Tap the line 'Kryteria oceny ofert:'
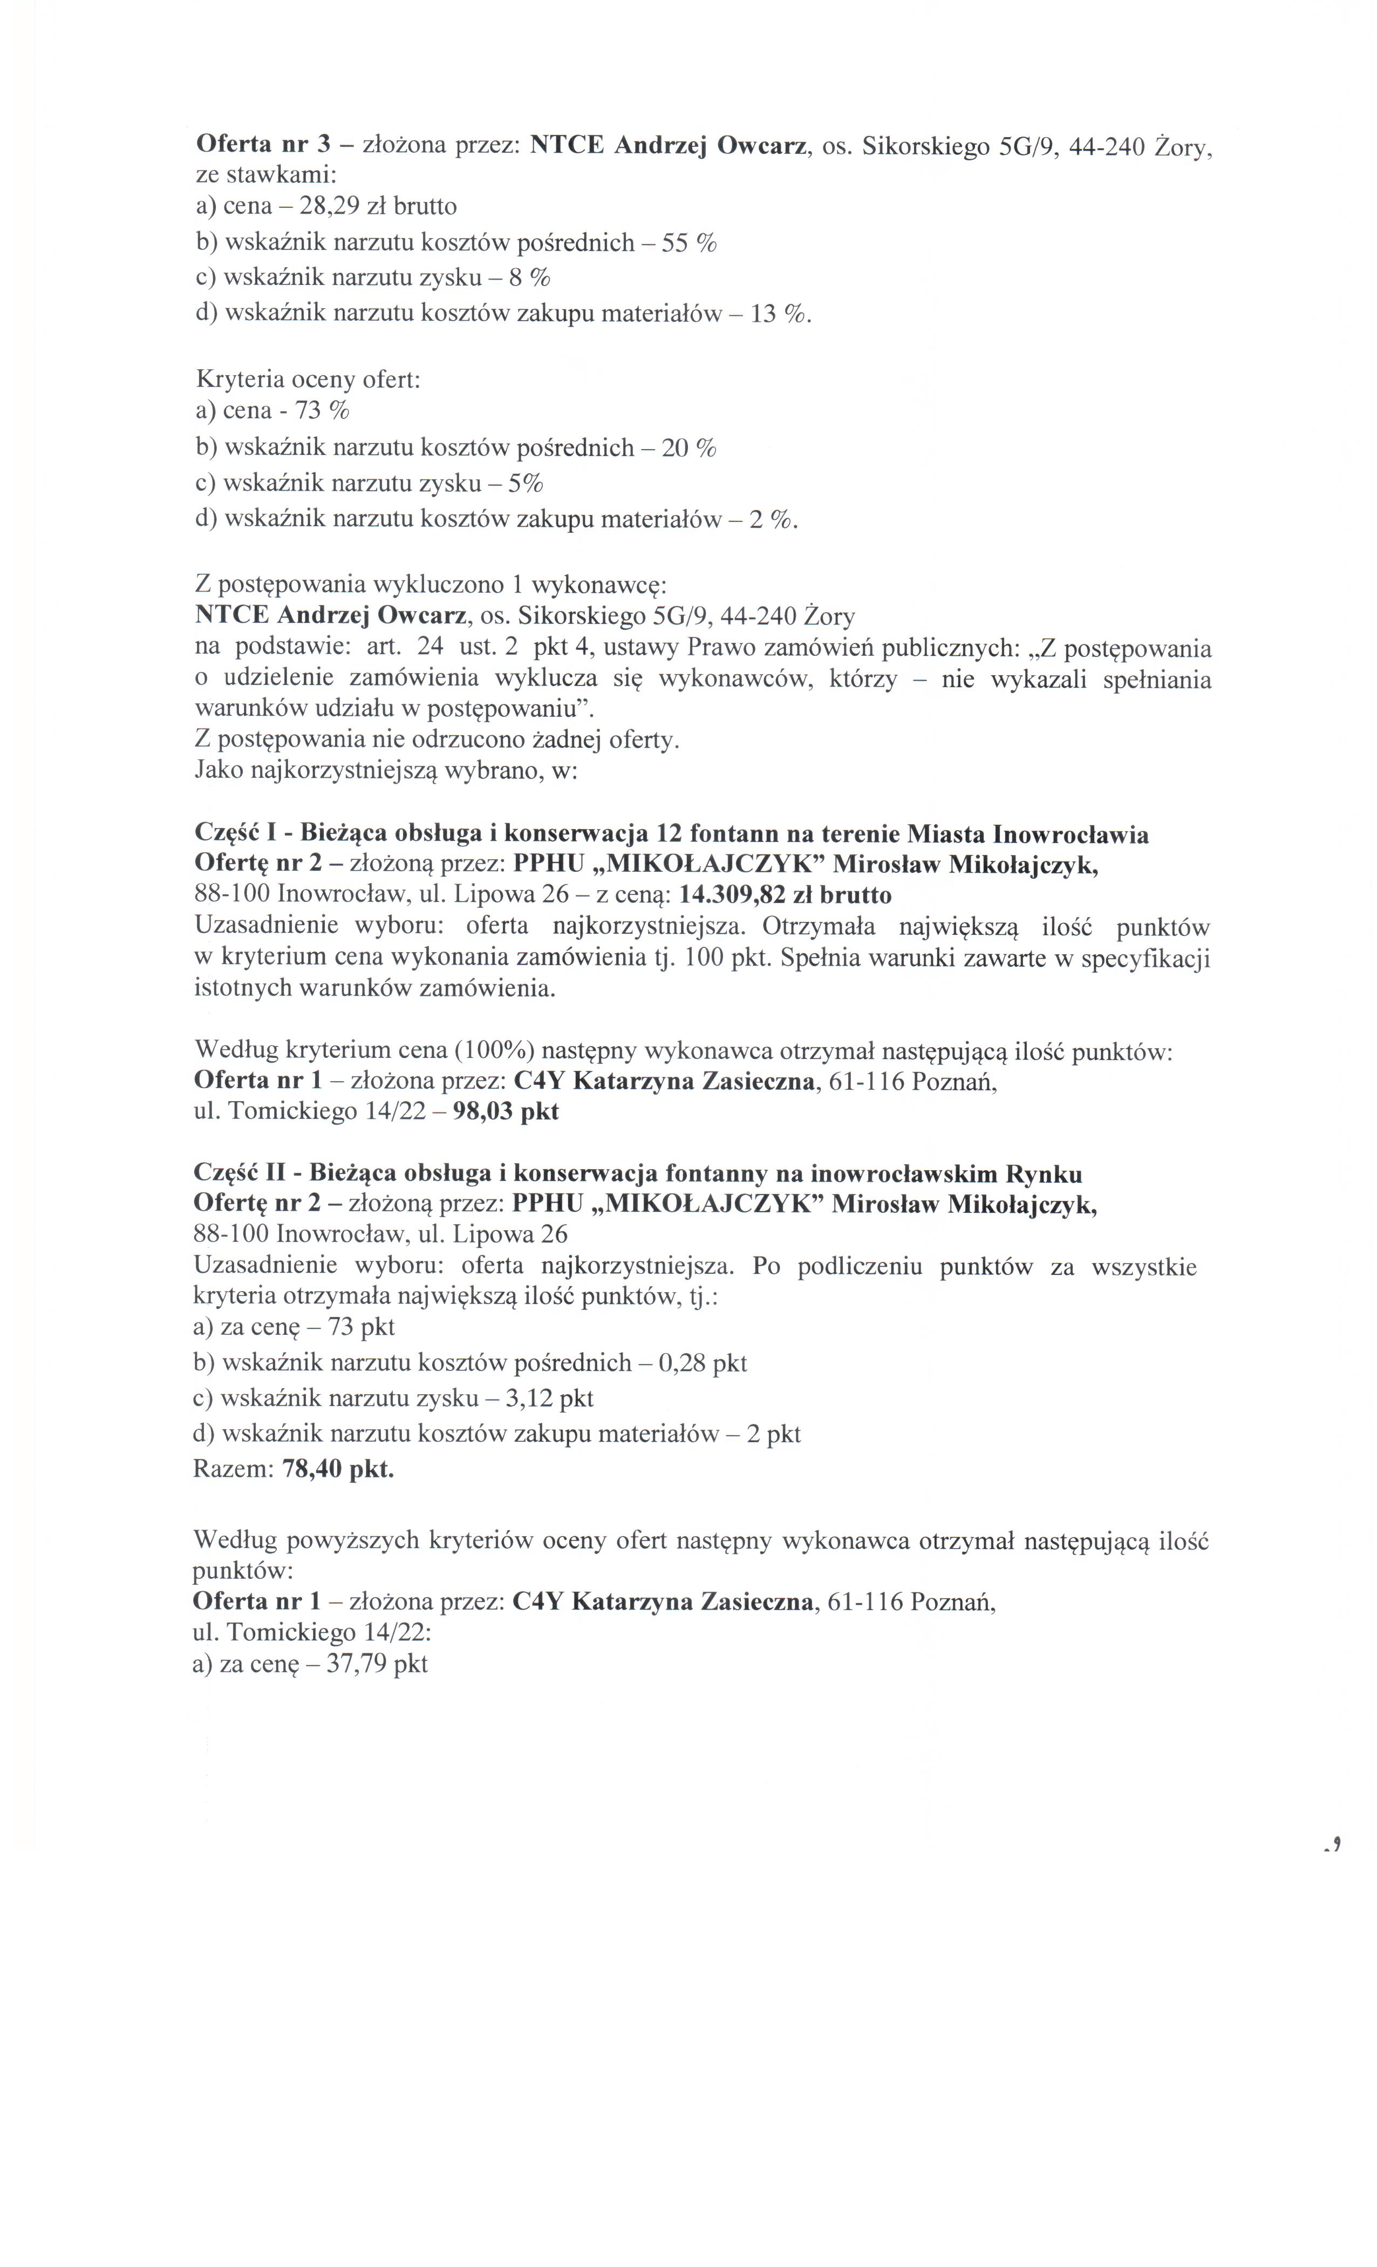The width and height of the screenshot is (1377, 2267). point(307,378)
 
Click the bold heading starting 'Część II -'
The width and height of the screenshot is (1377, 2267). point(637,1174)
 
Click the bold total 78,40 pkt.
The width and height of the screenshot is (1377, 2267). point(338,1469)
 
